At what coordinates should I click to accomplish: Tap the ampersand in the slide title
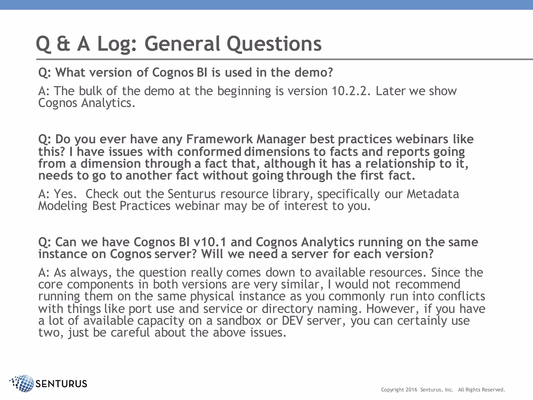(x=63, y=44)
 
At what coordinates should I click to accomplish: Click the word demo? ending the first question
(x=314, y=72)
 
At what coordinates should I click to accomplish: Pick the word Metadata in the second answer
(x=433, y=194)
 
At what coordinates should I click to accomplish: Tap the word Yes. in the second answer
(x=65, y=194)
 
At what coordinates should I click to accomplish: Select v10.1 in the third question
(x=210, y=242)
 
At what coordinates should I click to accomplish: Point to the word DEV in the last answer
(x=292, y=321)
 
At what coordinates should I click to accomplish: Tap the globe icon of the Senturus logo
(x=23, y=383)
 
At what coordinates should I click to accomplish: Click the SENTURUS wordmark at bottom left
(x=61, y=384)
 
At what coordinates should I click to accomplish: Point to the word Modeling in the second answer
(x=63, y=206)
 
